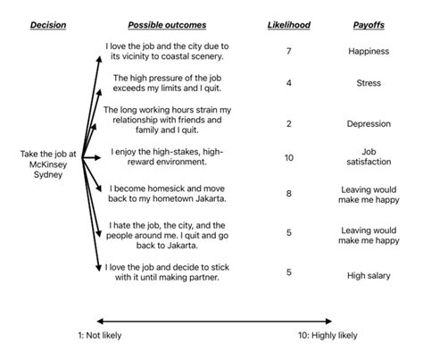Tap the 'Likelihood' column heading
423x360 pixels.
pyautogui.click(x=287, y=25)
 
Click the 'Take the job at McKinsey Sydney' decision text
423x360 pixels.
pyautogui.click(x=48, y=163)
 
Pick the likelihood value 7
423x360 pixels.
pyautogui.click(x=287, y=52)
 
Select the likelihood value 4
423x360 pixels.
pyautogui.click(x=287, y=84)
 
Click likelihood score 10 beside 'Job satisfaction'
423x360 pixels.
pyautogui.click(x=287, y=157)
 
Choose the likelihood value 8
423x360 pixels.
pyautogui.click(x=287, y=193)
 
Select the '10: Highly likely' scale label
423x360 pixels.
pyautogui.click(x=328, y=335)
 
